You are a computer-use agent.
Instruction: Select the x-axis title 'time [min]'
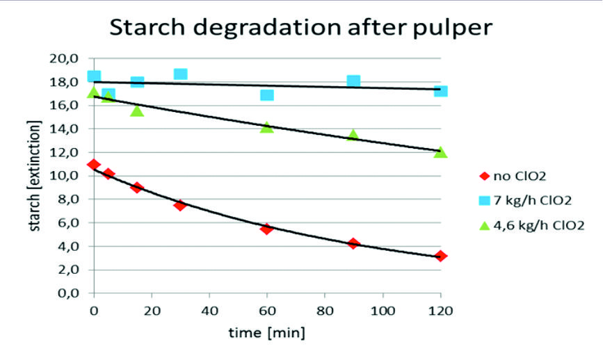[x=266, y=333]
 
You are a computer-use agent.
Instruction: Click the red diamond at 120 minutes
[x=440, y=256]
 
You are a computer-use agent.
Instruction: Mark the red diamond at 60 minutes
[x=267, y=229]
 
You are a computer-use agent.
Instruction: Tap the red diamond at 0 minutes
[x=94, y=165]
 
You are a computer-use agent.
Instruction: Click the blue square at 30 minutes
[x=181, y=74]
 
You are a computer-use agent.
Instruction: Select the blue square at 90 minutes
[x=353, y=81]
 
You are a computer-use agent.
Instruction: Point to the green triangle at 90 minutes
[x=353, y=136]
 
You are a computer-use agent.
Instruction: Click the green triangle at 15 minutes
[x=137, y=111]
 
